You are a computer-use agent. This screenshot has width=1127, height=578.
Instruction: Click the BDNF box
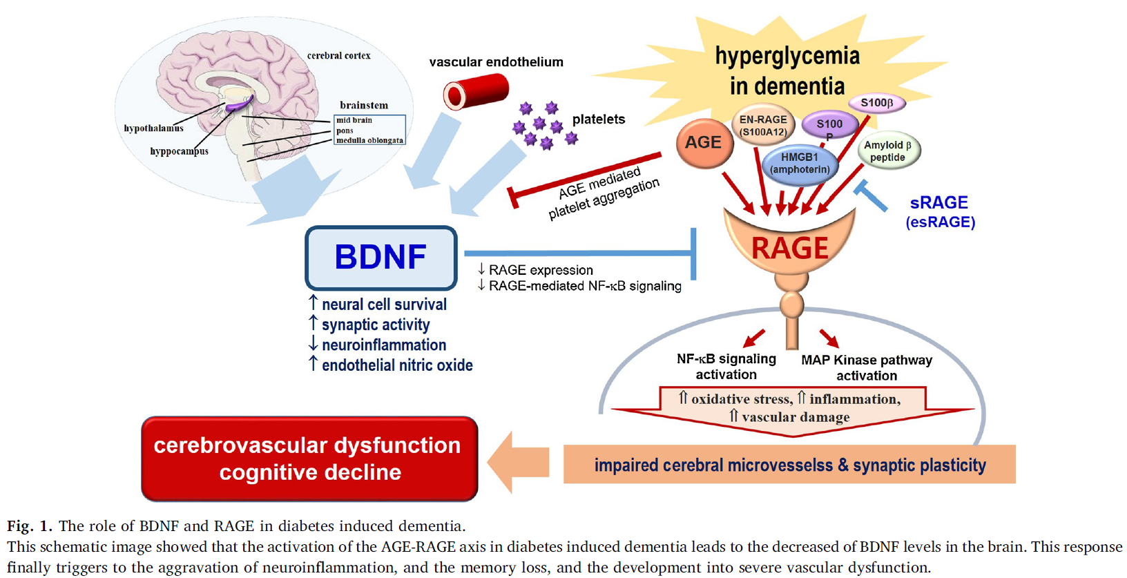pyautogui.click(x=381, y=258)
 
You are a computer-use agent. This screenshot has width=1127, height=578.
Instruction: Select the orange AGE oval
pyautogui.click(x=704, y=143)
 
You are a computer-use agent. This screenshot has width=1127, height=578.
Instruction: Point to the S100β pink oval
pyautogui.click(x=876, y=103)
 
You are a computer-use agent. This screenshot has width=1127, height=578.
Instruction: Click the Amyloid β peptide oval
pyautogui.click(x=888, y=151)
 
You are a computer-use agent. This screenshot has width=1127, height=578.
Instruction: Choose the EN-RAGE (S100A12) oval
pyautogui.click(x=762, y=125)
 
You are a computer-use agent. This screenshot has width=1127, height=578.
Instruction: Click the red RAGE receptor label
pyautogui.click(x=789, y=248)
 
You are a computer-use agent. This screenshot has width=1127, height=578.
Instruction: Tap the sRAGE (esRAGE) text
pyautogui.click(x=940, y=211)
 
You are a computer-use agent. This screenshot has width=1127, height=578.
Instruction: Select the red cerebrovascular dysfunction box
pyautogui.click(x=309, y=459)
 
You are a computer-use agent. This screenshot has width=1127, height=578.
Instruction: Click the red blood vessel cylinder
pyautogui.click(x=476, y=93)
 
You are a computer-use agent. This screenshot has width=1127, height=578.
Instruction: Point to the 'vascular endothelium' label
pyautogui.click(x=496, y=62)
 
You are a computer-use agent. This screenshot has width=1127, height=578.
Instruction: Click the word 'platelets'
pyautogui.click(x=598, y=119)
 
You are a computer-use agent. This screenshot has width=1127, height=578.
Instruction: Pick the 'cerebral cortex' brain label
pyautogui.click(x=338, y=55)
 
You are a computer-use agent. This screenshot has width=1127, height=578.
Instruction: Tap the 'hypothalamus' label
pyautogui.click(x=153, y=128)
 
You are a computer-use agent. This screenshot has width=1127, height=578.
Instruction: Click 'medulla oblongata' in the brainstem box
pyautogui.click(x=369, y=140)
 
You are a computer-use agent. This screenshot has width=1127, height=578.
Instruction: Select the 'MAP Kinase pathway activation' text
pyautogui.click(x=866, y=367)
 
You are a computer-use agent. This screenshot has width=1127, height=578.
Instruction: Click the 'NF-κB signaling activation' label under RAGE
pyautogui.click(x=726, y=367)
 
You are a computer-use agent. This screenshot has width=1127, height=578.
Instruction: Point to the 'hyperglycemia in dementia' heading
pyautogui.click(x=787, y=70)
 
